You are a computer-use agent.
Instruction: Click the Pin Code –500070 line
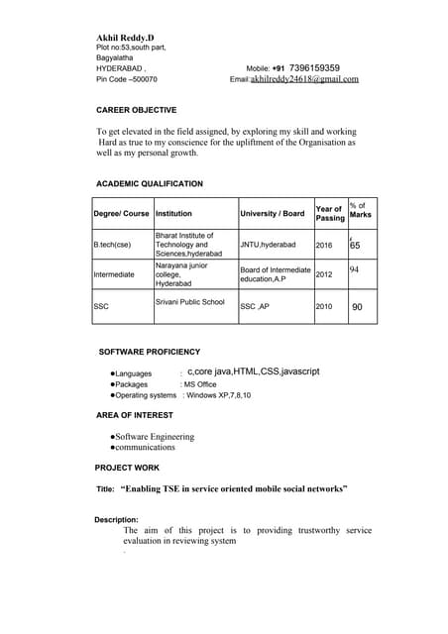[126, 78]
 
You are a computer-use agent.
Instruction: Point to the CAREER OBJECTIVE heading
[136, 110]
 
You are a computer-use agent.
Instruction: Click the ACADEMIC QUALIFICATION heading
[150, 184]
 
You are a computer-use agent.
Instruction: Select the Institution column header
[173, 213]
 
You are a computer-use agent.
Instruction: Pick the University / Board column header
[273, 213]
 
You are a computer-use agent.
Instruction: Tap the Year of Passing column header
[329, 213]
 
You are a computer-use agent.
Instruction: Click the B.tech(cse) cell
[112, 244]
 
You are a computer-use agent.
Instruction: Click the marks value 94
[355, 268]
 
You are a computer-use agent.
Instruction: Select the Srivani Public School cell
[190, 301]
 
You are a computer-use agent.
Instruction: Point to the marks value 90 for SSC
[357, 307]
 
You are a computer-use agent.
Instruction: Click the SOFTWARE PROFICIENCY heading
[150, 352]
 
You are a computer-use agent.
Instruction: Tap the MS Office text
[198, 383]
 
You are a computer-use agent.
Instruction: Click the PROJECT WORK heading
[127, 467]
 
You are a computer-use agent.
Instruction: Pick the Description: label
[116, 519]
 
